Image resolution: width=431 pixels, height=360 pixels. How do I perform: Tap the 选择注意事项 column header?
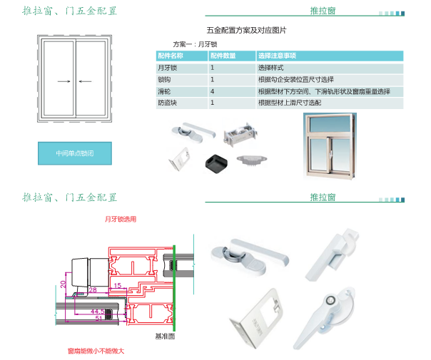[278, 56]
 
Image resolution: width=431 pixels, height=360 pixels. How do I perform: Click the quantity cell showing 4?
[213, 92]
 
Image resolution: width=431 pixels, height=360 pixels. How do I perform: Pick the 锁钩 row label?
[164, 80]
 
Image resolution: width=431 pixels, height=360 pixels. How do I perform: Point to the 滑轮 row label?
[164, 92]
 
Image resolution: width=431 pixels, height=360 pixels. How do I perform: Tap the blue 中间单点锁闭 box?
[74, 153]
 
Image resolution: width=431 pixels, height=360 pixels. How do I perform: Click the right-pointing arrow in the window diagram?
[64, 81]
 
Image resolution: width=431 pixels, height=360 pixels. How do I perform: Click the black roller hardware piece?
[214, 162]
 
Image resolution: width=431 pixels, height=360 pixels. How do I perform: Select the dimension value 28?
[93, 289]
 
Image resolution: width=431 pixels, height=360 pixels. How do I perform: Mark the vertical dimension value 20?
[63, 284]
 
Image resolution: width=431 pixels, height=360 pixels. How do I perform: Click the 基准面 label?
[165, 335]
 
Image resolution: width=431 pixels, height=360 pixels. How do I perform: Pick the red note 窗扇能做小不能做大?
[96, 351]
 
